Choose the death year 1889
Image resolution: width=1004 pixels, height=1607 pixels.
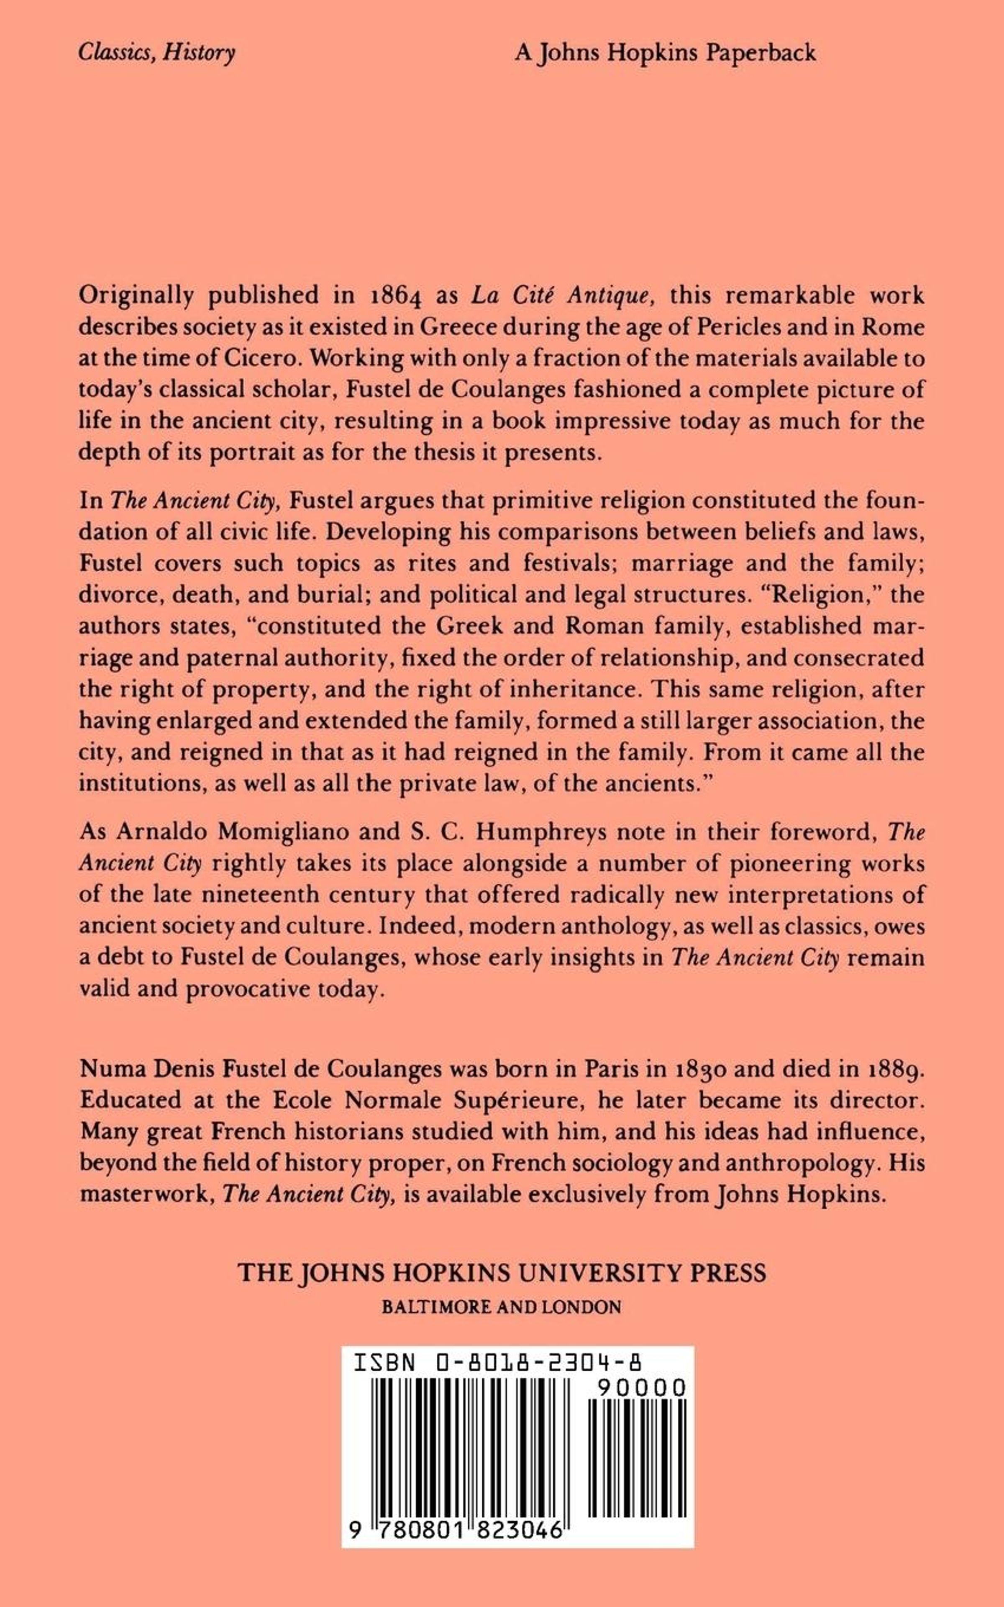[x=897, y=1069]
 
